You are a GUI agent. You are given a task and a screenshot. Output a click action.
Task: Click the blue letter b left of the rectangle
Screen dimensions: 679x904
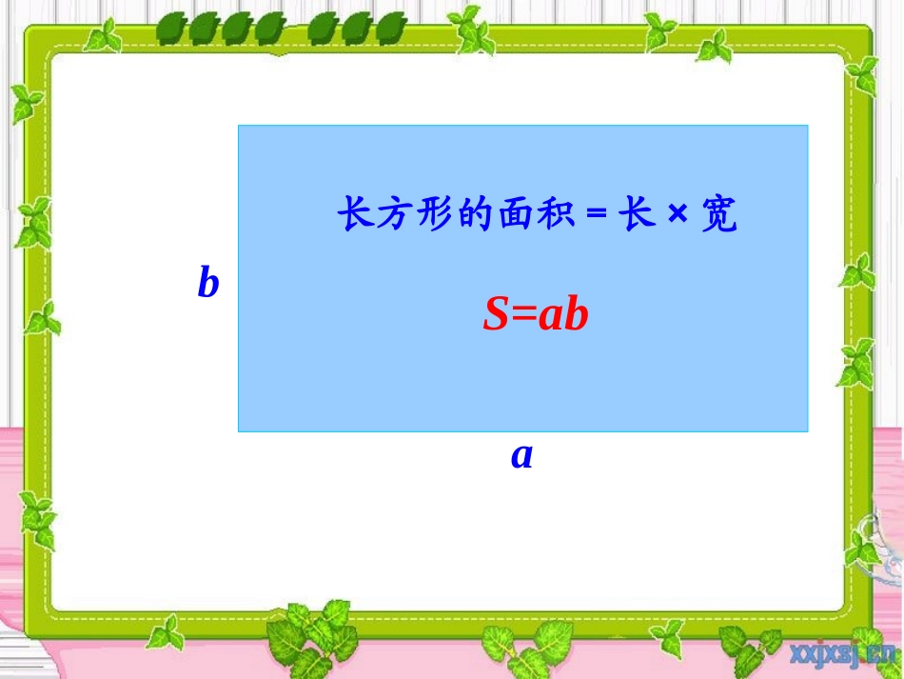208,283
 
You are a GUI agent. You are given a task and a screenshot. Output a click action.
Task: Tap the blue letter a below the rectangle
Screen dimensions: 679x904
521,456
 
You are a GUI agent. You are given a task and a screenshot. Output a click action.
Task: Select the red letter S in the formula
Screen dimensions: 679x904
497,315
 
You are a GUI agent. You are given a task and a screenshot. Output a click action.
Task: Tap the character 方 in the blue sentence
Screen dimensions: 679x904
391,215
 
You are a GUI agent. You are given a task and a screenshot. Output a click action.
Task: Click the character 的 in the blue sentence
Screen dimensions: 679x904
472,215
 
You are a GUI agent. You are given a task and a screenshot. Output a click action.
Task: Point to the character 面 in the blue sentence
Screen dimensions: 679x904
514,215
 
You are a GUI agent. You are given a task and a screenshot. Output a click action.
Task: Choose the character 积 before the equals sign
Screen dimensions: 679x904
556,215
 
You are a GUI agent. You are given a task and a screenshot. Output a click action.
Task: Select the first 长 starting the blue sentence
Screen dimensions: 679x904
352,215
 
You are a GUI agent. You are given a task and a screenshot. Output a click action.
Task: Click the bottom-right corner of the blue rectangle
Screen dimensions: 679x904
807,430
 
